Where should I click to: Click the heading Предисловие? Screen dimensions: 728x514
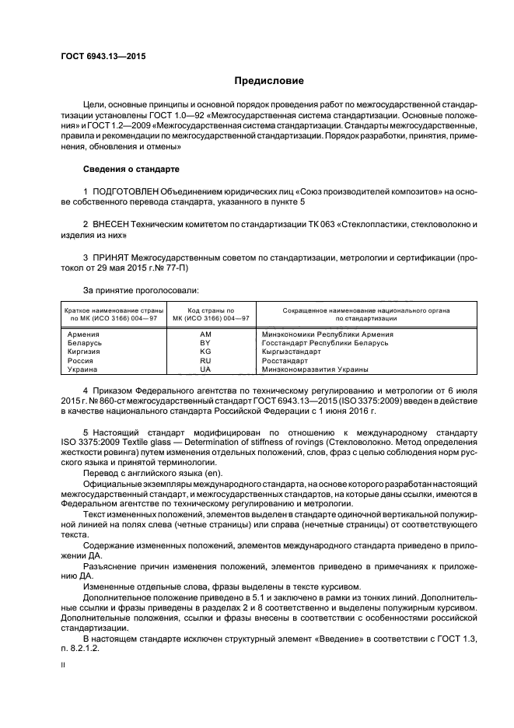[270, 81]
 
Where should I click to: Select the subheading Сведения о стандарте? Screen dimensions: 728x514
[131, 169]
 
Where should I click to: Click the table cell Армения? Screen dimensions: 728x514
[84, 334]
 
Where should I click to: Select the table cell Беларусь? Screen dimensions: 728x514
[86, 342]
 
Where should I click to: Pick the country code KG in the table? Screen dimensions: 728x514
[205, 352]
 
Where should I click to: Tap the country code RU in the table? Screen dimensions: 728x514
[205, 361]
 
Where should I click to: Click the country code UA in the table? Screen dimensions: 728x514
[205, 369]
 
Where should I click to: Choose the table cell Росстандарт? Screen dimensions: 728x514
[286, 361]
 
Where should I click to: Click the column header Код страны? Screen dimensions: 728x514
[205, 310]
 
